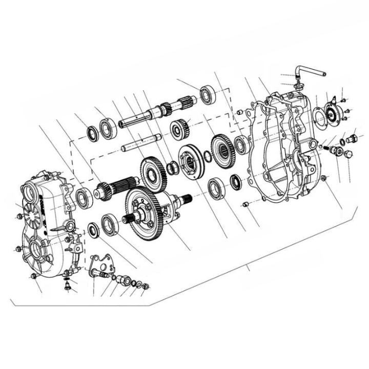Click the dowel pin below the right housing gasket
[245, 204]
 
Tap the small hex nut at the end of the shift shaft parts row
[146, 286]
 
